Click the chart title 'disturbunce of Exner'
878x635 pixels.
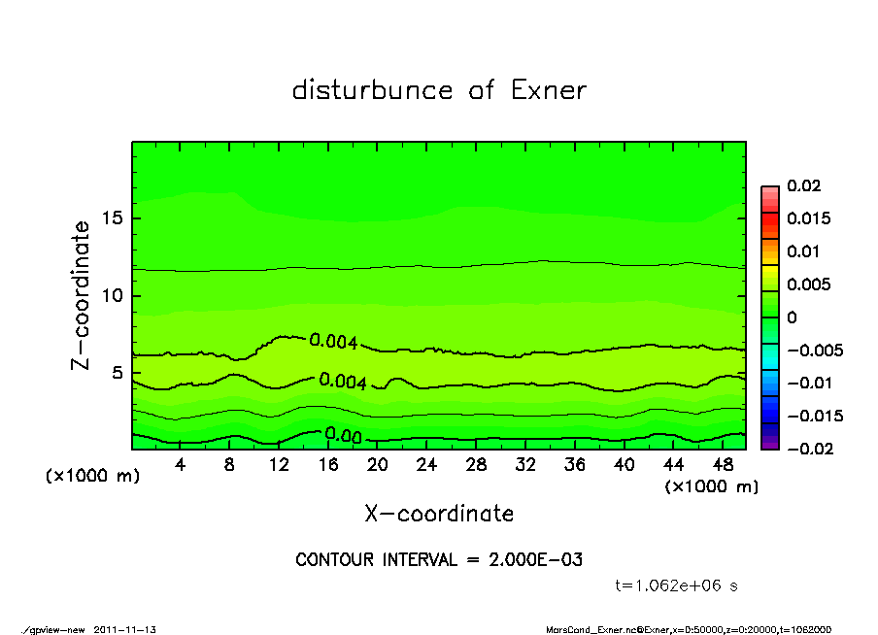point(439,90)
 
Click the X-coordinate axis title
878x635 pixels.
point(439,514)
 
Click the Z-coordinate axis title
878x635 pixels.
point(82,295)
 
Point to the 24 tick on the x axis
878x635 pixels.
point(427,465)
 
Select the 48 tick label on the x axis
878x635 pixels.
point(723,465)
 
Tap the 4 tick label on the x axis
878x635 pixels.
point(181,465)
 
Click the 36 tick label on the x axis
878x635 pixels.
point(575,465)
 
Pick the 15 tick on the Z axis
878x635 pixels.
point(113,217)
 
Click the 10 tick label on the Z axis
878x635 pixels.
point(113,295)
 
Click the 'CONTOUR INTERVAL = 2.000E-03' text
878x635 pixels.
point(439,560)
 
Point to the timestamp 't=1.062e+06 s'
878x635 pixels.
point(679,585)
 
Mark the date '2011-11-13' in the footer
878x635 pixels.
point(125,629)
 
